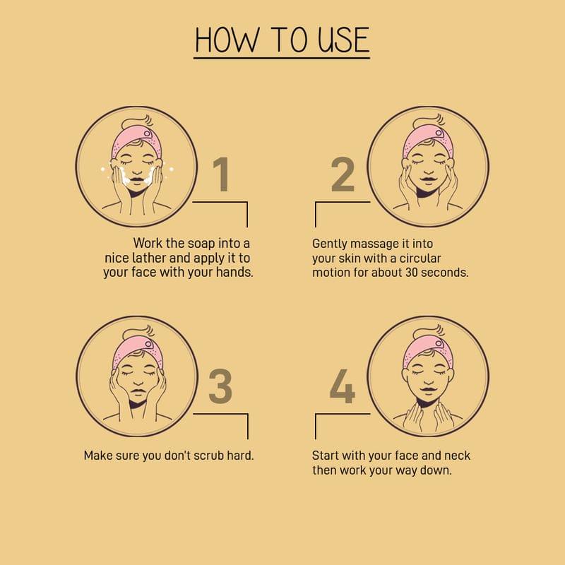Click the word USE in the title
[x=344, y=40]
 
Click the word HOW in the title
[x=227, y=40]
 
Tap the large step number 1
[x=221, y=174]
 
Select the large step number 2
[x=343, y=174]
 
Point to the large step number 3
[x=220, y=386]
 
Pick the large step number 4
[x=343, y=386]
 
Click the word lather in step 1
[x=149, y=258]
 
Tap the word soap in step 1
[x=201, y=243]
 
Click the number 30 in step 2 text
[x=412, y=273]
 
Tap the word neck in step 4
[x=457, y=456]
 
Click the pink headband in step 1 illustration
[x=136, y=143]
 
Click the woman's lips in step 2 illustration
[x=428, y=179]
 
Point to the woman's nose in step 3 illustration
[x=137, y=382]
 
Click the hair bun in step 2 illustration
[x=429, y=122]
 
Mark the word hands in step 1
[x=234, y=273]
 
